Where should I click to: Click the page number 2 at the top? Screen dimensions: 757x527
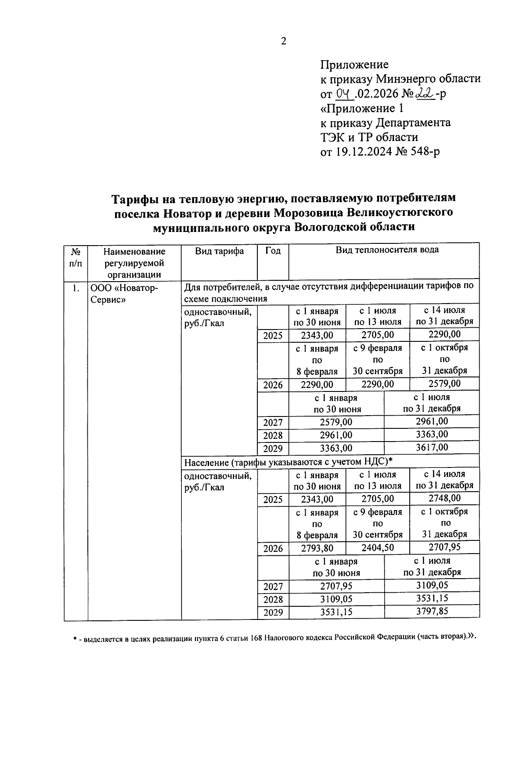tap(283, 41)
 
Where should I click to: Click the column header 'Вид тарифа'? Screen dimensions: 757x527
tap(219, 251)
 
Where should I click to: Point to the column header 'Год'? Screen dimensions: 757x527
tap(273, 251)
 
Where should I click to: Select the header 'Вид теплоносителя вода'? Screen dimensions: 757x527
tap(387, 250)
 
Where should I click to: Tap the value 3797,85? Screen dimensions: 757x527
tap(432, 611)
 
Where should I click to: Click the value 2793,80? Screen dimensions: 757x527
tap(317, 548)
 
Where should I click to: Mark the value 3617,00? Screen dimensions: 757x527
tap(432, 447)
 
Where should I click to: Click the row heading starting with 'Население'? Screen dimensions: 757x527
tap(288, 461)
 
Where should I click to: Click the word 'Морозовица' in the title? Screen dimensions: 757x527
tap(308, 212)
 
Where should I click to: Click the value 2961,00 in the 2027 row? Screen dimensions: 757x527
tap(432, 421)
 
